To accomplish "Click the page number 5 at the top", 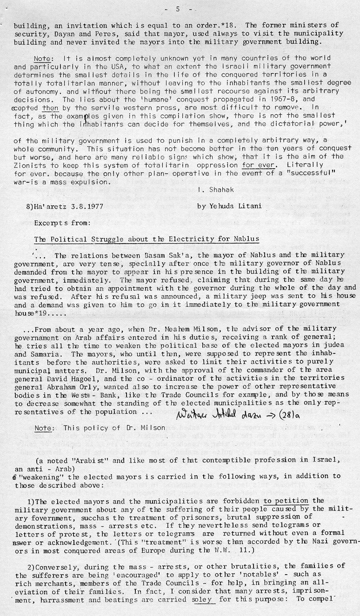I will click(x=178, y=9).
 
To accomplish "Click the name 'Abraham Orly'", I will click(x=62, y=386).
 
